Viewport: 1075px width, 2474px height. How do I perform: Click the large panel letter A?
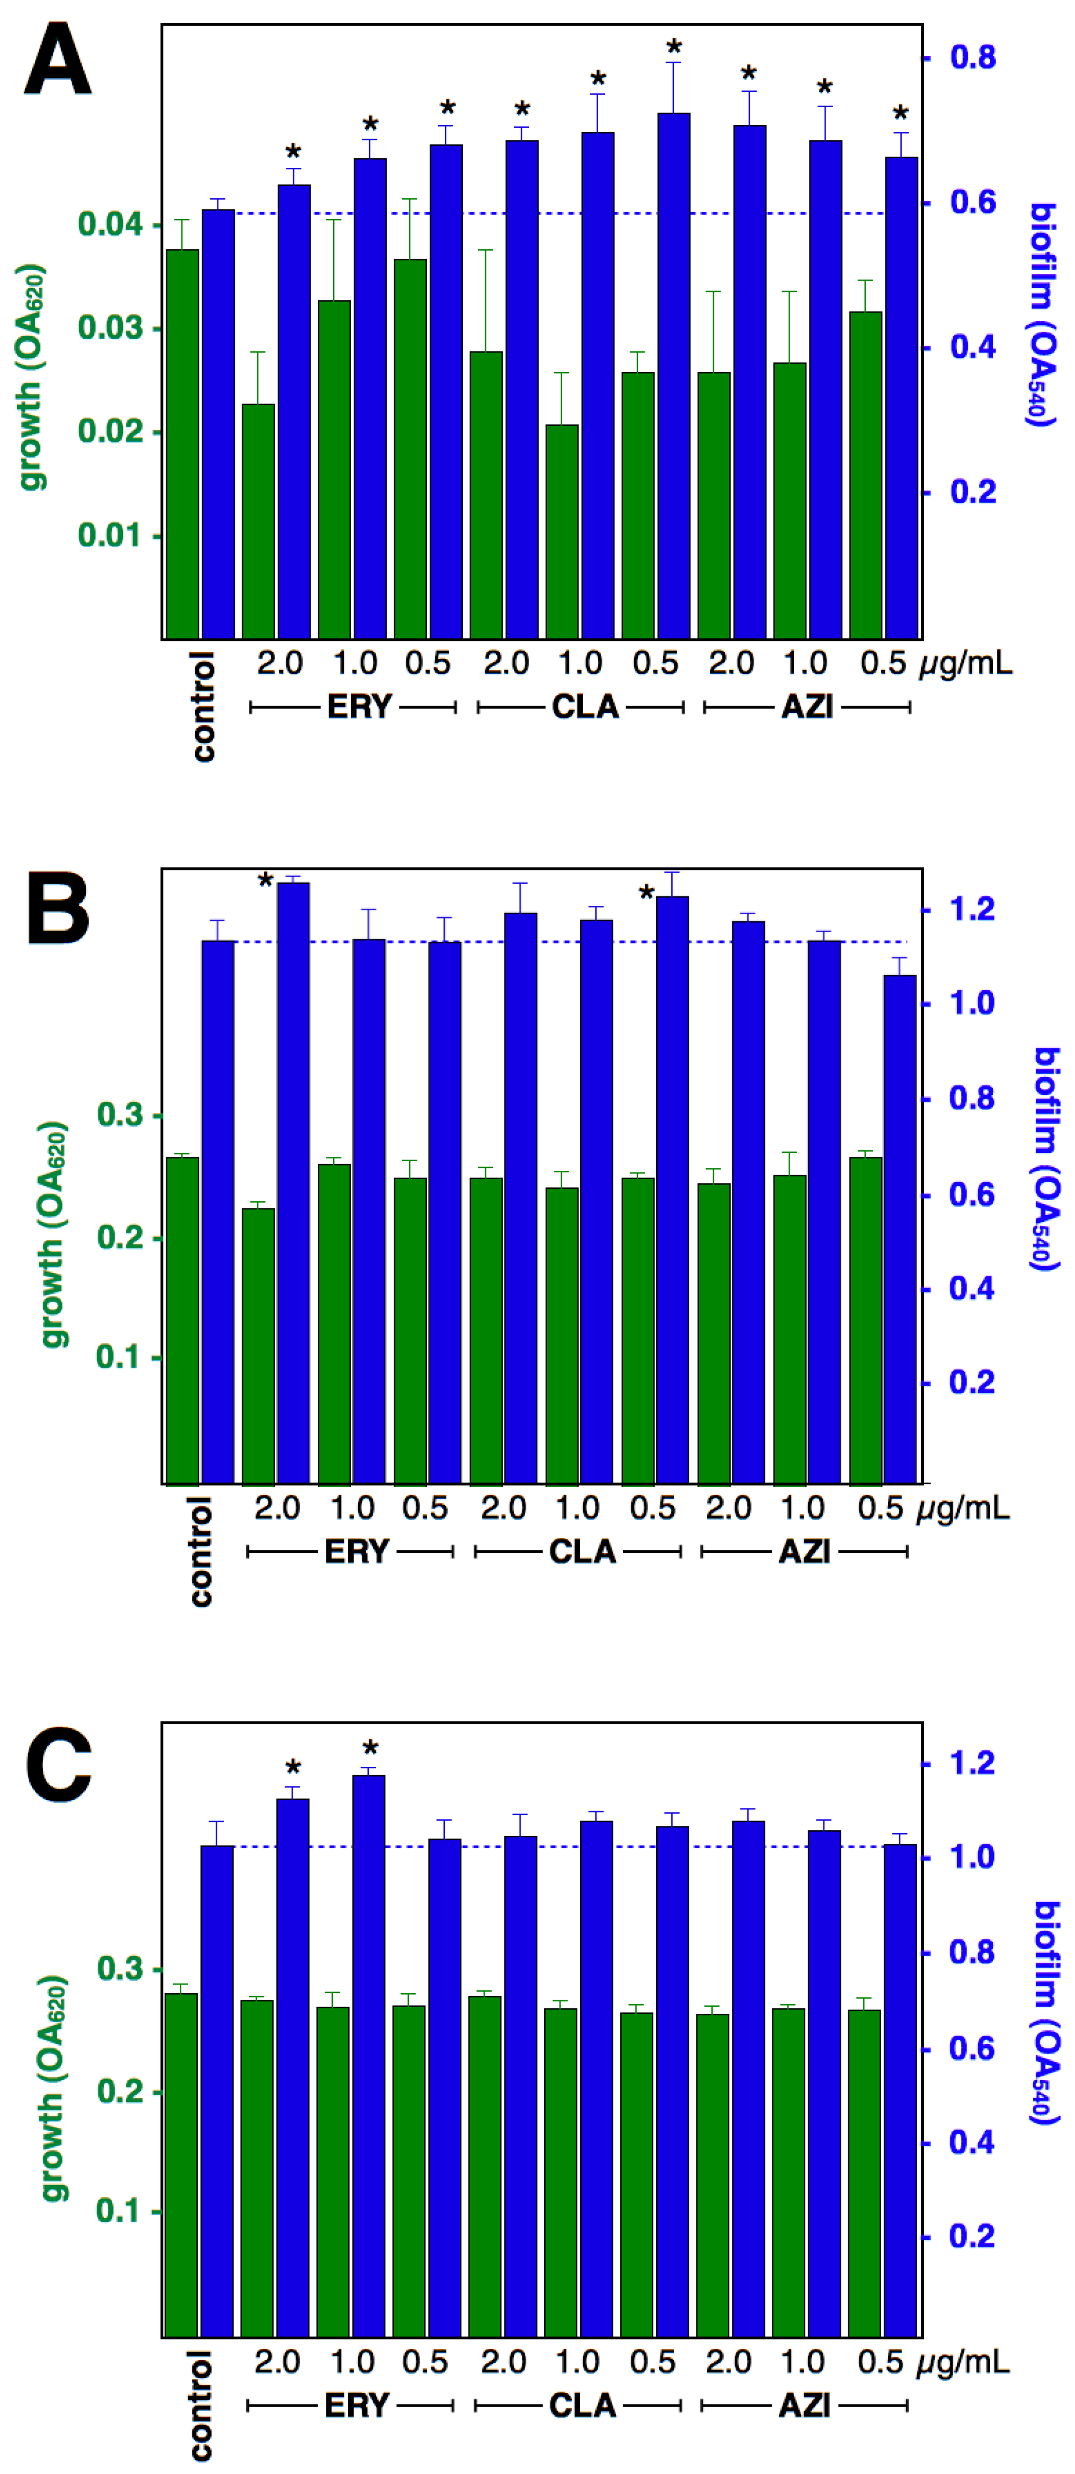click(x=58, y=59)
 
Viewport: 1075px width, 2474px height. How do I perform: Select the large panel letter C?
click(x=58, y=1765)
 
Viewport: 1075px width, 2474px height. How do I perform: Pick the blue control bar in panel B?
click(x=218, y=1210)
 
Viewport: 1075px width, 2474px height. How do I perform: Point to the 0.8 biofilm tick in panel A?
click(x=972, y=58)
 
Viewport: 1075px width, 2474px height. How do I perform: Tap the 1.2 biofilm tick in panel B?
click(x=971, y=909)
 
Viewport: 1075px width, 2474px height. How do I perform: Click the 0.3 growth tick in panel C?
click(x=120, y=1969)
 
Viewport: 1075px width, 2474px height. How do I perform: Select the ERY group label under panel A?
click(x=359, y=707)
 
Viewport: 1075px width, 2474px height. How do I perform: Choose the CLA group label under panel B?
click(x=582, y=1551)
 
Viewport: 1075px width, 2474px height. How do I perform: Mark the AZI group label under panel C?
click(x=804, y=2405)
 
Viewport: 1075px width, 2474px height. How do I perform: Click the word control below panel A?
click(x=203, y=707)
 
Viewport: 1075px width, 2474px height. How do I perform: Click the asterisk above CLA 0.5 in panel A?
click(x=675, y=48)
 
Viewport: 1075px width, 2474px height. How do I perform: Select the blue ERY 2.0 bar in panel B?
click(x=294, y=1181)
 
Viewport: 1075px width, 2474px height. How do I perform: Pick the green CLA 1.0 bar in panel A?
click(x=562, y=530)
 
